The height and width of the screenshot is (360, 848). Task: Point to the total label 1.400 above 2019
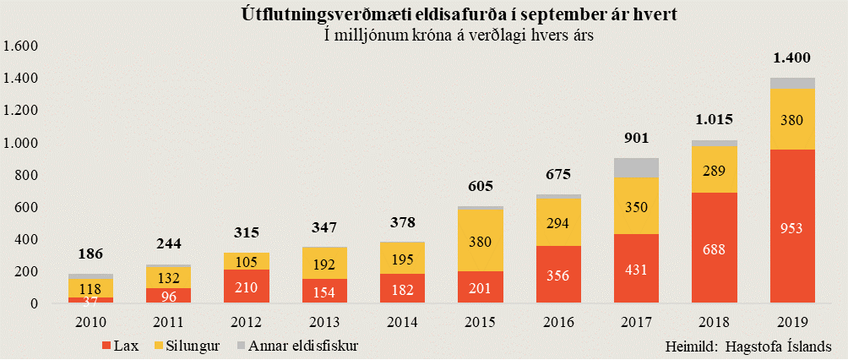pos(791,58)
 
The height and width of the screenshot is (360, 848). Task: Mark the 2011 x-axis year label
pos(169,323)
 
